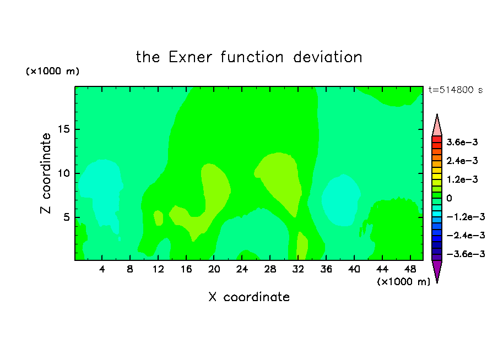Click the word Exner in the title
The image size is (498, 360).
tap(190, 57)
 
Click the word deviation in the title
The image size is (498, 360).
tap(327, 57)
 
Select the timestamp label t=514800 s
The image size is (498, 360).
tap(456, 90)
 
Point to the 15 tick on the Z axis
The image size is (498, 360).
tap(63, 129)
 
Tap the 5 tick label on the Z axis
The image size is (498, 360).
tap(66, 217)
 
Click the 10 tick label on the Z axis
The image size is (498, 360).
tap(63, 173)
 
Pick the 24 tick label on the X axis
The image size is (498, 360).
tap(242, 269)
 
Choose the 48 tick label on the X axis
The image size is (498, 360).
tap(410, 269)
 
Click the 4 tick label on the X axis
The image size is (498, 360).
tap(101, 269)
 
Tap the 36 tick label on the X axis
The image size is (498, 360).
tap(326, 269)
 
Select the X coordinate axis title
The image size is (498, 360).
tap(249, 297)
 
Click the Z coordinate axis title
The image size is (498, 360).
tap(46, 173)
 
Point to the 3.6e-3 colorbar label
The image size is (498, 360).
tap(462, 142)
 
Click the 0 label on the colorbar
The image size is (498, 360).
tap(449, 198)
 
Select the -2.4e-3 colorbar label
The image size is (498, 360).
tap(466, 235)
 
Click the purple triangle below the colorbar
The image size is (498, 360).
tap(437, 270)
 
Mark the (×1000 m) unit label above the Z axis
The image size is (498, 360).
tap(52, 71)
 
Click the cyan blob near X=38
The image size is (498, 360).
tap(341, 200)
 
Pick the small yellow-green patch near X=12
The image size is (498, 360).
tap(159, 218)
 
